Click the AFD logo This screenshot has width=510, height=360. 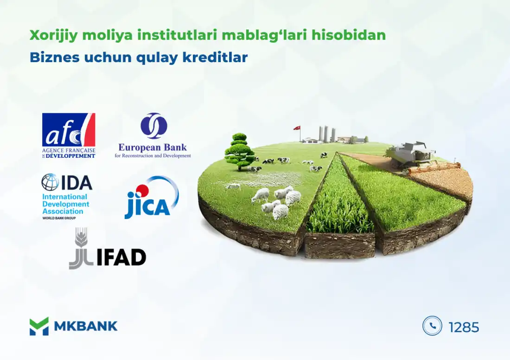(x=69, y=135)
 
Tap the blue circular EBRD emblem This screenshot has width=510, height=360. (x=153, y=126)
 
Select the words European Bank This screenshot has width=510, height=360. (x=153, y=148)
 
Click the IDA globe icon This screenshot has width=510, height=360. (x=50, y=182)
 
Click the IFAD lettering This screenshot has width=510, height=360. (x=121, y=257)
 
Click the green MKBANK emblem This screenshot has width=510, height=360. (x=39, y=326)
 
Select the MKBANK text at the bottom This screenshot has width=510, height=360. (x=86, y=326)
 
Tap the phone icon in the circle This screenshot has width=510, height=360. (x=432, y=326)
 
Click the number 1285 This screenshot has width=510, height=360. (x=464, y=327)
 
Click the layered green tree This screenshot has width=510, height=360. (x=239, y=150)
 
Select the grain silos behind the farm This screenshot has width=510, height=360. (x=327, y=134)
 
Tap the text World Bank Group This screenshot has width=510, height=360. (x=59, y=218)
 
